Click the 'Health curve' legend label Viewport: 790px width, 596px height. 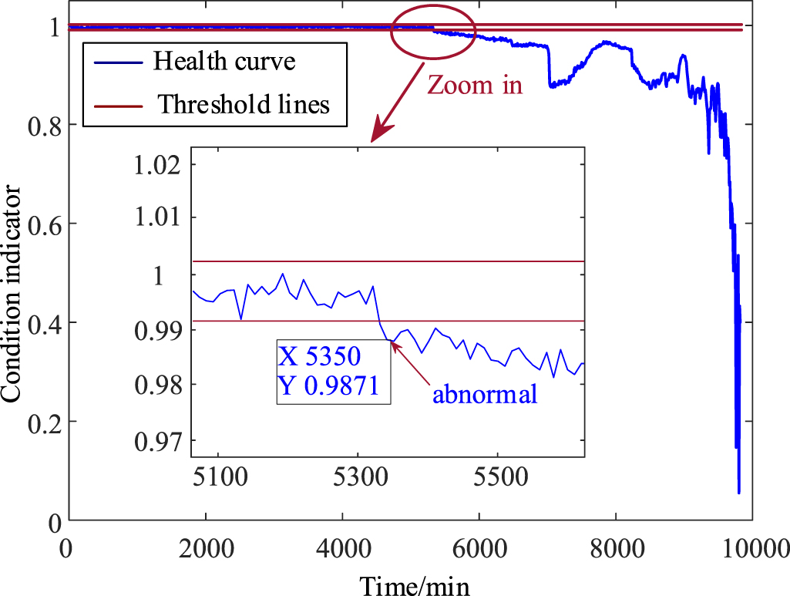[x=224, y=62]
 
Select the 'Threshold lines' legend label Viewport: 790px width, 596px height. [x=244, y=104]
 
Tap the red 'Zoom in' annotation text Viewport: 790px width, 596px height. [x=475, y=85]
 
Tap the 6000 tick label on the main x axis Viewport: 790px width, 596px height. [x=479, y=550]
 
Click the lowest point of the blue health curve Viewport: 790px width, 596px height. [x=739, y=493]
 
